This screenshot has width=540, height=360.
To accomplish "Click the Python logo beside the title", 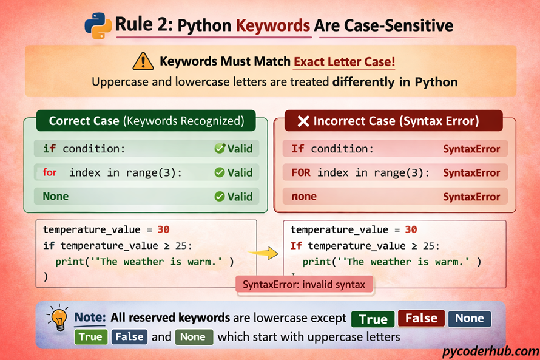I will click(x=98, y=25).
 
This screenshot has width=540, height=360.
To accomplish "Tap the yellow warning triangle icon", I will click(x=143, y=61).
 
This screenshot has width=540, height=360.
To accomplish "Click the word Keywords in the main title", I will click(x=273, y=25).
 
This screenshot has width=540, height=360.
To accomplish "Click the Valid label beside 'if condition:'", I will click(x=234, y=149).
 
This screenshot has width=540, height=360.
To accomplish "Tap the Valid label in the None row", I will click(x=234, y=196).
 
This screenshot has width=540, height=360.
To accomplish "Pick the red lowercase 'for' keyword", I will click(x=50, y=172).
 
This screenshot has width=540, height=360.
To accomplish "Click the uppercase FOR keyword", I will click(x=301, y=172).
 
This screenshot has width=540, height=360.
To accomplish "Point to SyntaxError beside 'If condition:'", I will click(x=471, y=149).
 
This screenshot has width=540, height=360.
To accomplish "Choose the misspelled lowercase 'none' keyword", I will click(x=304, y=196).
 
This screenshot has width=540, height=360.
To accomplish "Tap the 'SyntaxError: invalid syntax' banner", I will click(x=304, y=284).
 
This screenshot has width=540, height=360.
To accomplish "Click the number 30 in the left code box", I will click(x=163, y=229).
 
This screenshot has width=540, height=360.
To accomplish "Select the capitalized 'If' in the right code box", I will click(x=296, y=246).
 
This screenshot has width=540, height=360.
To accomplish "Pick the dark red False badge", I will click(x=421, y=319).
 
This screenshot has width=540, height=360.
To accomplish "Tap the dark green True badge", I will click(x=373, y=319).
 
